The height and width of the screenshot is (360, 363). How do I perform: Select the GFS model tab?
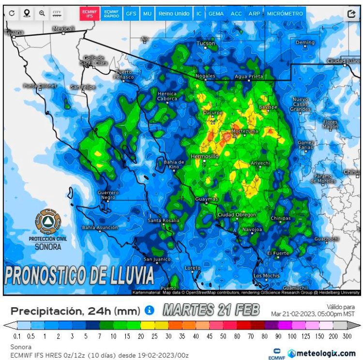(131, 14)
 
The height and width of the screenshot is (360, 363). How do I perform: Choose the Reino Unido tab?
(174, 14)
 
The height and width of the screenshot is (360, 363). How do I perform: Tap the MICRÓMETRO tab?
(285, 14)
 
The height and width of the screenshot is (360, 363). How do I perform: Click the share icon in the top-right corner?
(351, 14)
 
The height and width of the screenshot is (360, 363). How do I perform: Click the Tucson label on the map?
(206, 44)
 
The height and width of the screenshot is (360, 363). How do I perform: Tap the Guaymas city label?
(206, 199)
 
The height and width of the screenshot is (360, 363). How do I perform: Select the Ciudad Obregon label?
(237, 214)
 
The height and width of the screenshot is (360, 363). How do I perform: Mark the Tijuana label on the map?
(14, 32)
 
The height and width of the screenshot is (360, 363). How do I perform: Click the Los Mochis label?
(266, 276)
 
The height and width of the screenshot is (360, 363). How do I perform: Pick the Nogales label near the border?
(205, 76)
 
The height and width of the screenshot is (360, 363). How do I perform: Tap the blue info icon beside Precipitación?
(150, 310)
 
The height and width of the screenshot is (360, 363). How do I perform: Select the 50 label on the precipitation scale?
(224, 336)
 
